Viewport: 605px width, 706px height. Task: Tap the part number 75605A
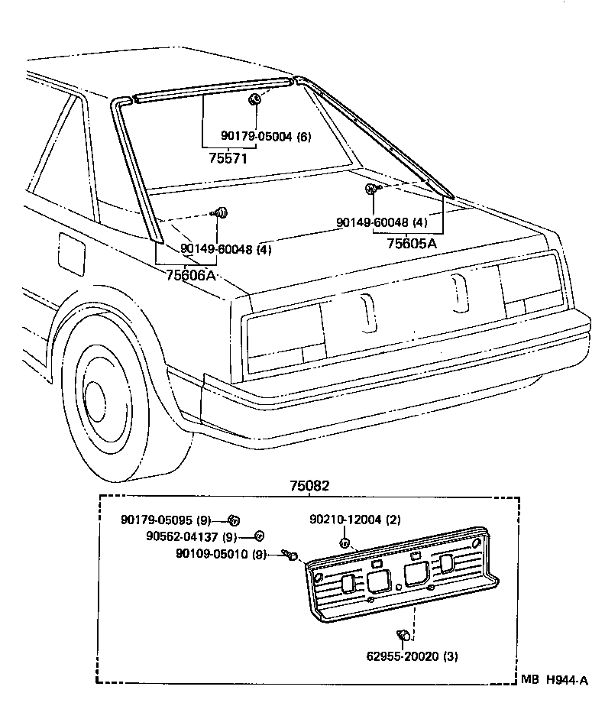(412, 243)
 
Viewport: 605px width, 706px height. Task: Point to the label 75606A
(191, 275)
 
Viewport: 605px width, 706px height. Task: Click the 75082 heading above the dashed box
(309, 485)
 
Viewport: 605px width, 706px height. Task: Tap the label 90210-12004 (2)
(354, 520)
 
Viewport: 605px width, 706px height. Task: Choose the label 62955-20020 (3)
(412, 656)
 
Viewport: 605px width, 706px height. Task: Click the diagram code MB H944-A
(555, 680)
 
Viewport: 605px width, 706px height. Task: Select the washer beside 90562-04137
(259, 536)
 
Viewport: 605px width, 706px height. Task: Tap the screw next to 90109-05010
(290, 555)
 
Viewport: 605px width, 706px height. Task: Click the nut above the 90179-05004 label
(257, 99)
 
